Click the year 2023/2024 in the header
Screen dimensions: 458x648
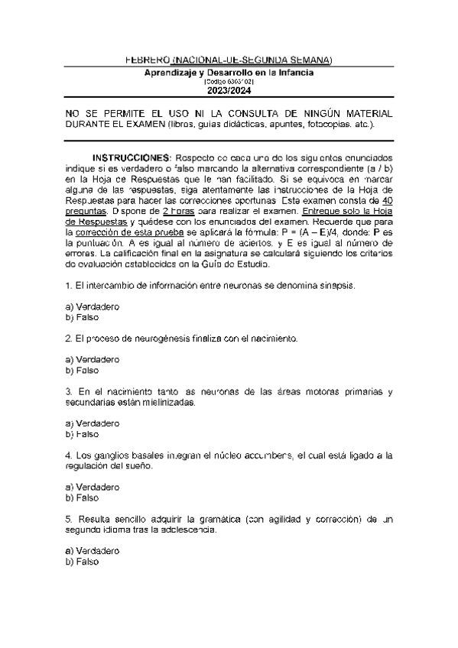pos(229,90)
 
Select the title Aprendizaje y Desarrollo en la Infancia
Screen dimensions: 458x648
pos(229,72)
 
